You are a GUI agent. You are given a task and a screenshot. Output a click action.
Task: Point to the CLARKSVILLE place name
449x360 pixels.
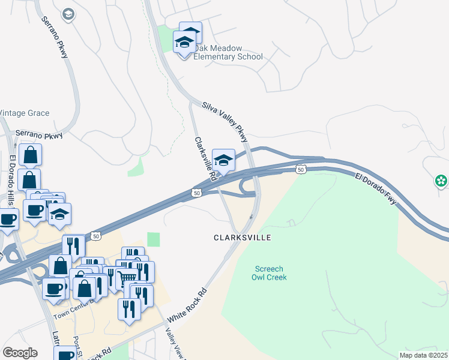tap(243, 238)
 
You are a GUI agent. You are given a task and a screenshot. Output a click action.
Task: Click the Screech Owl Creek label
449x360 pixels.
tap(271, 273)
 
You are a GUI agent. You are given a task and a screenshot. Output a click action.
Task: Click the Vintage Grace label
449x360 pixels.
tap(25, 113)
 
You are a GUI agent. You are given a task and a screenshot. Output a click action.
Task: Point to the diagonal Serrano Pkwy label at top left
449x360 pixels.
tap(55, 37)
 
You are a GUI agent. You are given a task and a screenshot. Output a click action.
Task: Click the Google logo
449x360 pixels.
tap(20, 352)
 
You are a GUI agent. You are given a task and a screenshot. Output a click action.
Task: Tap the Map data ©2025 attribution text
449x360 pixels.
tap(415, 355)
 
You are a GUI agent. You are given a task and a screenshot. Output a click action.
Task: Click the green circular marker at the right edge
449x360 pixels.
tap(441, 180)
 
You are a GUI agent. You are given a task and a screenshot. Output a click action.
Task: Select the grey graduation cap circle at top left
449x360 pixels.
tap(68, 14)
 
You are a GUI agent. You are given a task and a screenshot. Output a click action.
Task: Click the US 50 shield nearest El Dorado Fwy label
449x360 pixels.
tap(301, 170)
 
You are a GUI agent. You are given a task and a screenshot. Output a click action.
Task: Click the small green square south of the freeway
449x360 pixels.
tap(154, 239)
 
